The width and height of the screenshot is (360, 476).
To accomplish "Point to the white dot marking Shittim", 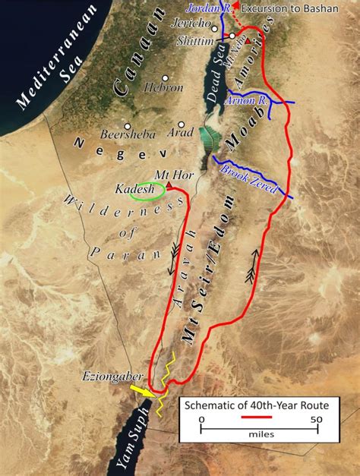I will click(232, 36).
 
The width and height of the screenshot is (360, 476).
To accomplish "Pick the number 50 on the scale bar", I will click(316, 418).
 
